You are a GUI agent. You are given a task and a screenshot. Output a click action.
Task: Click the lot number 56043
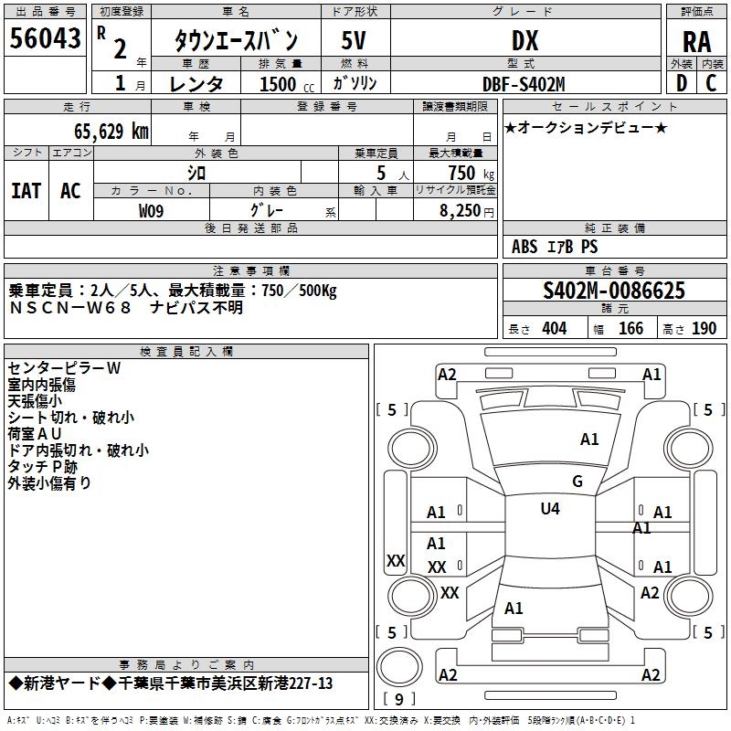coord(44,39)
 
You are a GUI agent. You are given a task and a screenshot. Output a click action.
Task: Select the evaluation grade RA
coord(696,41)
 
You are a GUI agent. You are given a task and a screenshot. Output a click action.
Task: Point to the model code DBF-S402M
coord(524,84)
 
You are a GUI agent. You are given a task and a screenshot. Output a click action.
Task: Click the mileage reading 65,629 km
coord(102,131)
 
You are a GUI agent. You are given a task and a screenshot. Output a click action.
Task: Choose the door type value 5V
coord(355,41)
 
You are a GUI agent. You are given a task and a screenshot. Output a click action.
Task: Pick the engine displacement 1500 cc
coord(287,84)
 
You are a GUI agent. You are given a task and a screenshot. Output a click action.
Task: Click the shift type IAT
coord(26,190)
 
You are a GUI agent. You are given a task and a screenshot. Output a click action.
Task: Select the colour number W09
coord(152,211)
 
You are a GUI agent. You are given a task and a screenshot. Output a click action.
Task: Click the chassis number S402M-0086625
coord(614,291)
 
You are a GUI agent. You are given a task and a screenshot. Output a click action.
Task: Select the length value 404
coord(554,329)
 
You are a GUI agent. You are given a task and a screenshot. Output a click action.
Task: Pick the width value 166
coord(630,329)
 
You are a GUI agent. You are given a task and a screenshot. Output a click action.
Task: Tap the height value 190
coord(704,329)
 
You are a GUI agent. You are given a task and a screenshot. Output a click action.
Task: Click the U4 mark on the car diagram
coord(549,508)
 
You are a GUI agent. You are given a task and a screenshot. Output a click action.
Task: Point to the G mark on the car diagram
coord(577,482)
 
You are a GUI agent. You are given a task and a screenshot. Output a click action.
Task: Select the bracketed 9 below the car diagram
coord(399,700)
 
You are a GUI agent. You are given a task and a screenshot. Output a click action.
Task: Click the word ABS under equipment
coord(524,247)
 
